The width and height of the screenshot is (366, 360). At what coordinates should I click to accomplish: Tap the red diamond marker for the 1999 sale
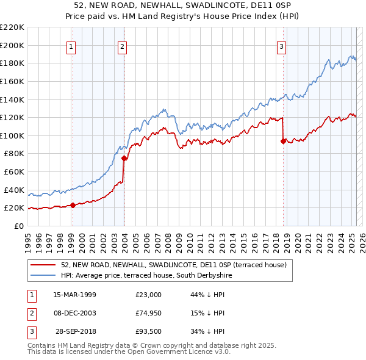(73, 205)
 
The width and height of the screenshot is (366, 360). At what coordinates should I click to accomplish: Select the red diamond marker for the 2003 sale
(124, 158)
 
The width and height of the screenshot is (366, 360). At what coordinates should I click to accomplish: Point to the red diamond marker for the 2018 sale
(283, 141)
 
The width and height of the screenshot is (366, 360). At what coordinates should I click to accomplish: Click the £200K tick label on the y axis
(12, 45)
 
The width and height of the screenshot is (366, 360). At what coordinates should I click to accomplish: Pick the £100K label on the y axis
(12, 135)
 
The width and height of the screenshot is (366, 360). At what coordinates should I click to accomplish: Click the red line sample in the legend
(43, 265)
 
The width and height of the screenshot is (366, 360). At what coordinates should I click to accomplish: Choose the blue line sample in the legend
(43, 275)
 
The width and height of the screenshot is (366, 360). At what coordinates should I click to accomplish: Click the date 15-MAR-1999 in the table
(74, 295)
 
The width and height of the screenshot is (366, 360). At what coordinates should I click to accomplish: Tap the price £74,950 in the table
(149, 314)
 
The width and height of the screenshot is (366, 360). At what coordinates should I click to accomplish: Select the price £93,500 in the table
(149, 333)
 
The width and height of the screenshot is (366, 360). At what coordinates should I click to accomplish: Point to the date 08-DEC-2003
(74, 314)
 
